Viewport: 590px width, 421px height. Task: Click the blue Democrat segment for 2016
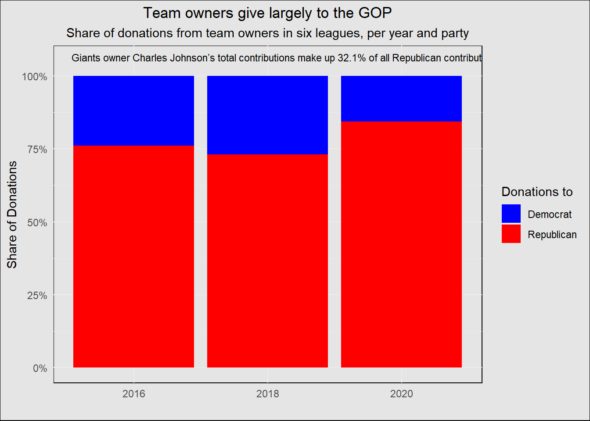133,111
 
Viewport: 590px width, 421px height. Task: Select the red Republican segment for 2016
133,257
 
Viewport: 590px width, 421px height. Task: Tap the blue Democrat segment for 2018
267,115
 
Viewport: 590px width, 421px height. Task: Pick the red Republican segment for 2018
267,261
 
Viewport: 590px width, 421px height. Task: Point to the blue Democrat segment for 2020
401,99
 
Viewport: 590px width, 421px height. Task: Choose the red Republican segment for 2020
401,245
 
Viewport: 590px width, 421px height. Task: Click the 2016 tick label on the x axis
133,394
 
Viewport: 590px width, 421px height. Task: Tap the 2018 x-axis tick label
267,394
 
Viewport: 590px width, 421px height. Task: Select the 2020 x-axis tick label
401,394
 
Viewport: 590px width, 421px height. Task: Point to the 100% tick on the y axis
35,77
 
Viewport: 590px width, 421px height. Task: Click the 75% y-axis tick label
37,150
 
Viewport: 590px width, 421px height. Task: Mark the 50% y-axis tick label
37,222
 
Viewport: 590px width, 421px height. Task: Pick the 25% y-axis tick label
37,296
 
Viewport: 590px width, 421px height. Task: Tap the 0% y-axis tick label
40,368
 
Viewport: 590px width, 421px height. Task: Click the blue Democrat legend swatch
511,214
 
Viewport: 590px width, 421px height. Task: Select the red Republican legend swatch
511,234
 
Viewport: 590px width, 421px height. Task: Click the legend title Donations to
537,192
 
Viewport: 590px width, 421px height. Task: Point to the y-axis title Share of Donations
12,214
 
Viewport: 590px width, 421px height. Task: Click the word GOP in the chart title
375,13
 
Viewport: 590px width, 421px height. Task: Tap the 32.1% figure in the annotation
351,58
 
